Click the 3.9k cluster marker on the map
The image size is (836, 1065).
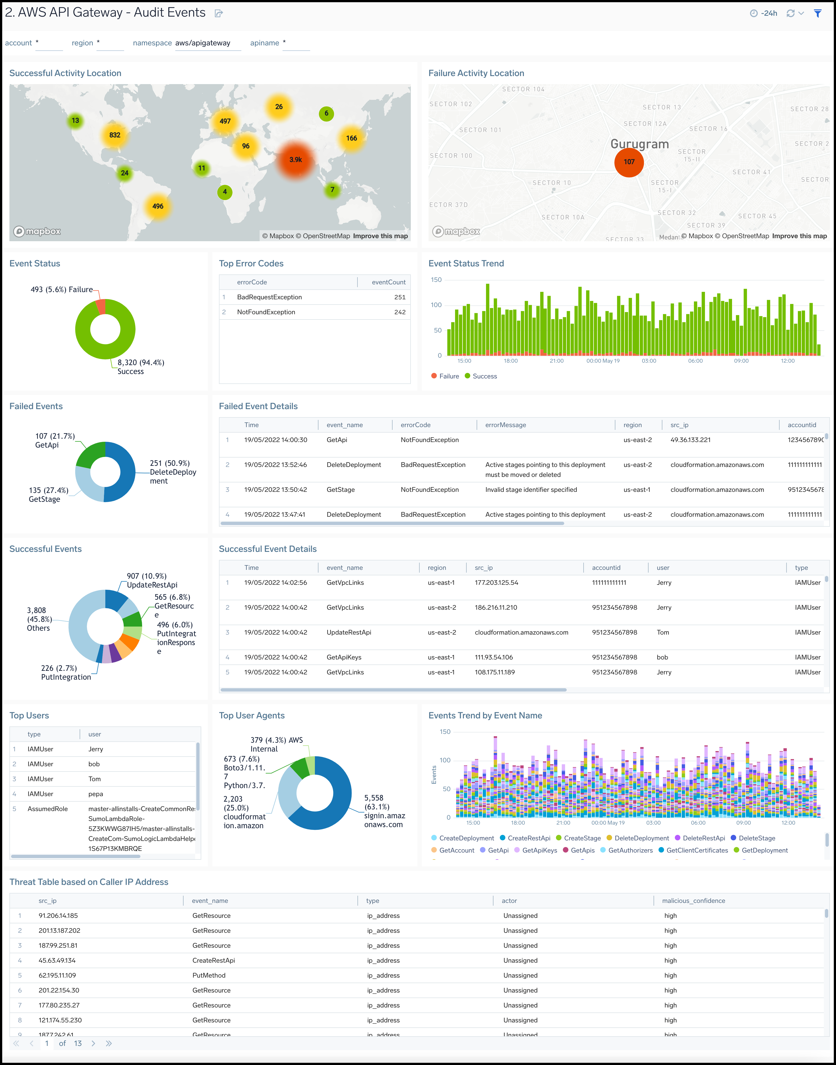pyautogui.click(x=296, y=160)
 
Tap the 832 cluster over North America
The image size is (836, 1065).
pyautogui.click(x=114, y=135)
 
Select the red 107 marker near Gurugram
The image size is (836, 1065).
pyautogui.click(x=629, y=162)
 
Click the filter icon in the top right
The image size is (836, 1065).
pyautogui.click(x=817, y=13)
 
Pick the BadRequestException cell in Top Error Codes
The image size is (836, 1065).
pyautogui.click(x=269, y=297)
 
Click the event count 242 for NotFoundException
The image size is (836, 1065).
pyautogui.click(x=399, y=312)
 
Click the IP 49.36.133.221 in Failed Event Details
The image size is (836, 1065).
pyautogui.click(x=690, y=440)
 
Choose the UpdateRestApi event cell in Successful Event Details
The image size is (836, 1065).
pyautogui.click(x=349, y=632)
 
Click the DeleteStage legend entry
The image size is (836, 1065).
pyautogui.click(x=756, y=838)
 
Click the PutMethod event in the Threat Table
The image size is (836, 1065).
pyautogui.click(x=209, y=975)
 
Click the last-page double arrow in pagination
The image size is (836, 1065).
pyautogui.click(x=109, y=1043)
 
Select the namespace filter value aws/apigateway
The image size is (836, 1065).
pyautogui.click(x=203, y=43)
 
